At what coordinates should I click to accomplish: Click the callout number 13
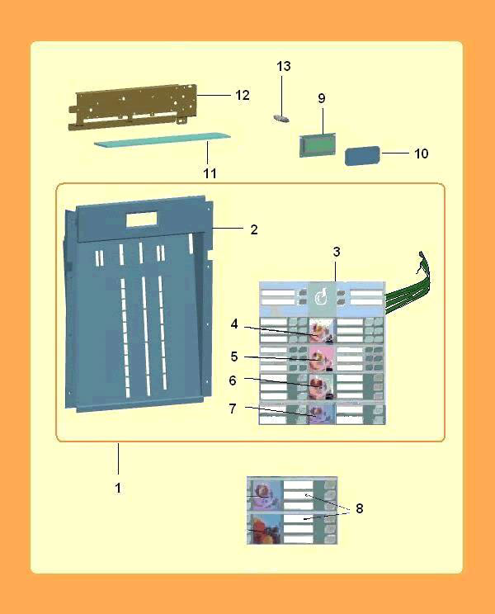click(x=284, y=66)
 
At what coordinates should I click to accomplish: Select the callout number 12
click(x=243, y=95)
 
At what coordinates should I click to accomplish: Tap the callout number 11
click(x=210, y=173)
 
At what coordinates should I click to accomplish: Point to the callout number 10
click(x=422, y=153)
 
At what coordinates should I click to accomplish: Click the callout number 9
click(x=322, y=98)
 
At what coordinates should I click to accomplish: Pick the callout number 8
click(x=359, y=508)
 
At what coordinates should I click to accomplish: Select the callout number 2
click(x=254, y=230)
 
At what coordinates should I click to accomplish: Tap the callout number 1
click(x=118, y=489)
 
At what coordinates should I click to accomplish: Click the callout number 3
click(x=337, y=253)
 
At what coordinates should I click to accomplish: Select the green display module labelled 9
click(x=318, y=146)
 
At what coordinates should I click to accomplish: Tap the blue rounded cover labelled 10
click(x=362, y=156)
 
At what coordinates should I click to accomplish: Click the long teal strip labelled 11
click(x=163, y=140)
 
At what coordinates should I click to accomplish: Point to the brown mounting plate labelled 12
click(x=133, y=107)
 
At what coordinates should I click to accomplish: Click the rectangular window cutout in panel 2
click(x=142, y=220)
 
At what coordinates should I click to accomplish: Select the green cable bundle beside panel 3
click(x=408, y=284)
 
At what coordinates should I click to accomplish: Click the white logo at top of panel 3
click(x=323, y=298)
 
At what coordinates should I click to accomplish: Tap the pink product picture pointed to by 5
click(x=322, y=358)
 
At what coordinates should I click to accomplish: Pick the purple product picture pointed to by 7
click(x=322, y=414)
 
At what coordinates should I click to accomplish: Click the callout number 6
click(x=233, y=380)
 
